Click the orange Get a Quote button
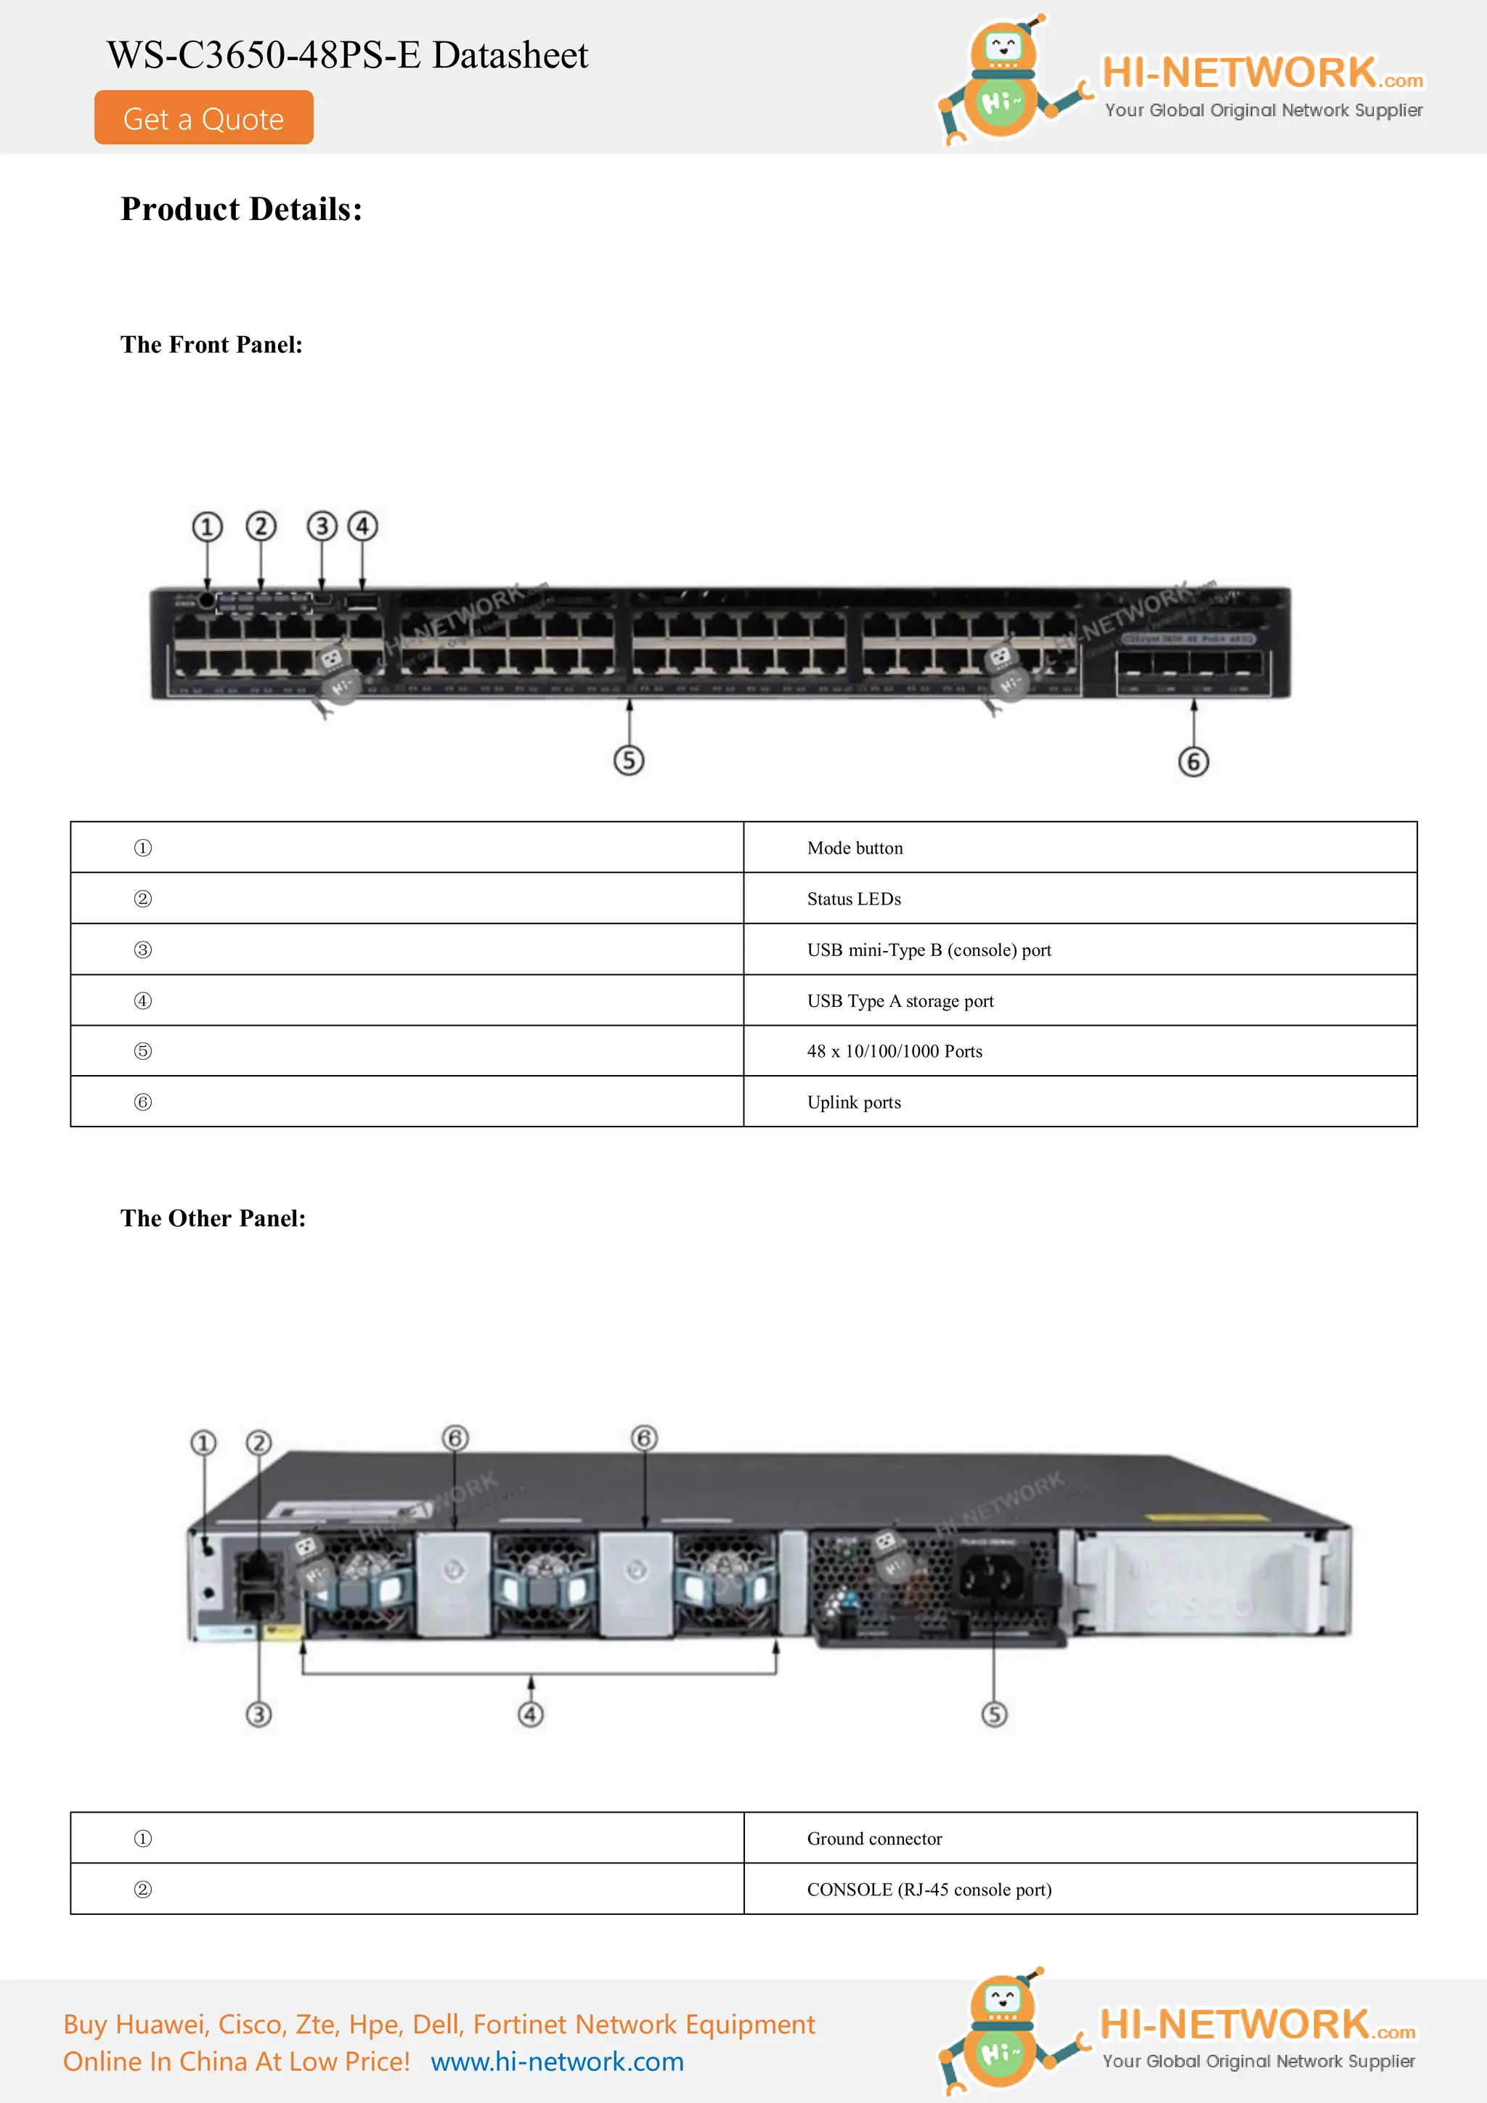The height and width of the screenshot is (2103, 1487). pyautogui.click(x=203, y=118)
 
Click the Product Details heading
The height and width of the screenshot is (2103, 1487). pyautogui.click(x=241, y=210)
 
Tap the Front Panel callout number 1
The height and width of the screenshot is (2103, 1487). pyautogui.click(x=207, y=527)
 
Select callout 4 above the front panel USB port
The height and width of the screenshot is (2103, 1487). pyautogui.click(x=362, y=527)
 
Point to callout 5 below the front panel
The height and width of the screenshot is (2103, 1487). pyautogui.click(x=629, y=760)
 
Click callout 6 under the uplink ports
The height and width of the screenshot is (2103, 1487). pyautogui.click(x=1193, y=761)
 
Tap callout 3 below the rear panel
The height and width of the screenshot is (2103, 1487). pyautogui.click(x=259, y=1714)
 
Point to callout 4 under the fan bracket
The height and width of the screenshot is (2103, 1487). pyautogui.click(x=531, y=1714)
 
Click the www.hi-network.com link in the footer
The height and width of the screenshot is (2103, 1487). pyautogui.click(x=557, y=2061)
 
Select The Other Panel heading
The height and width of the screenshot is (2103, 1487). pyautogui.click(x=213, y=1218)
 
